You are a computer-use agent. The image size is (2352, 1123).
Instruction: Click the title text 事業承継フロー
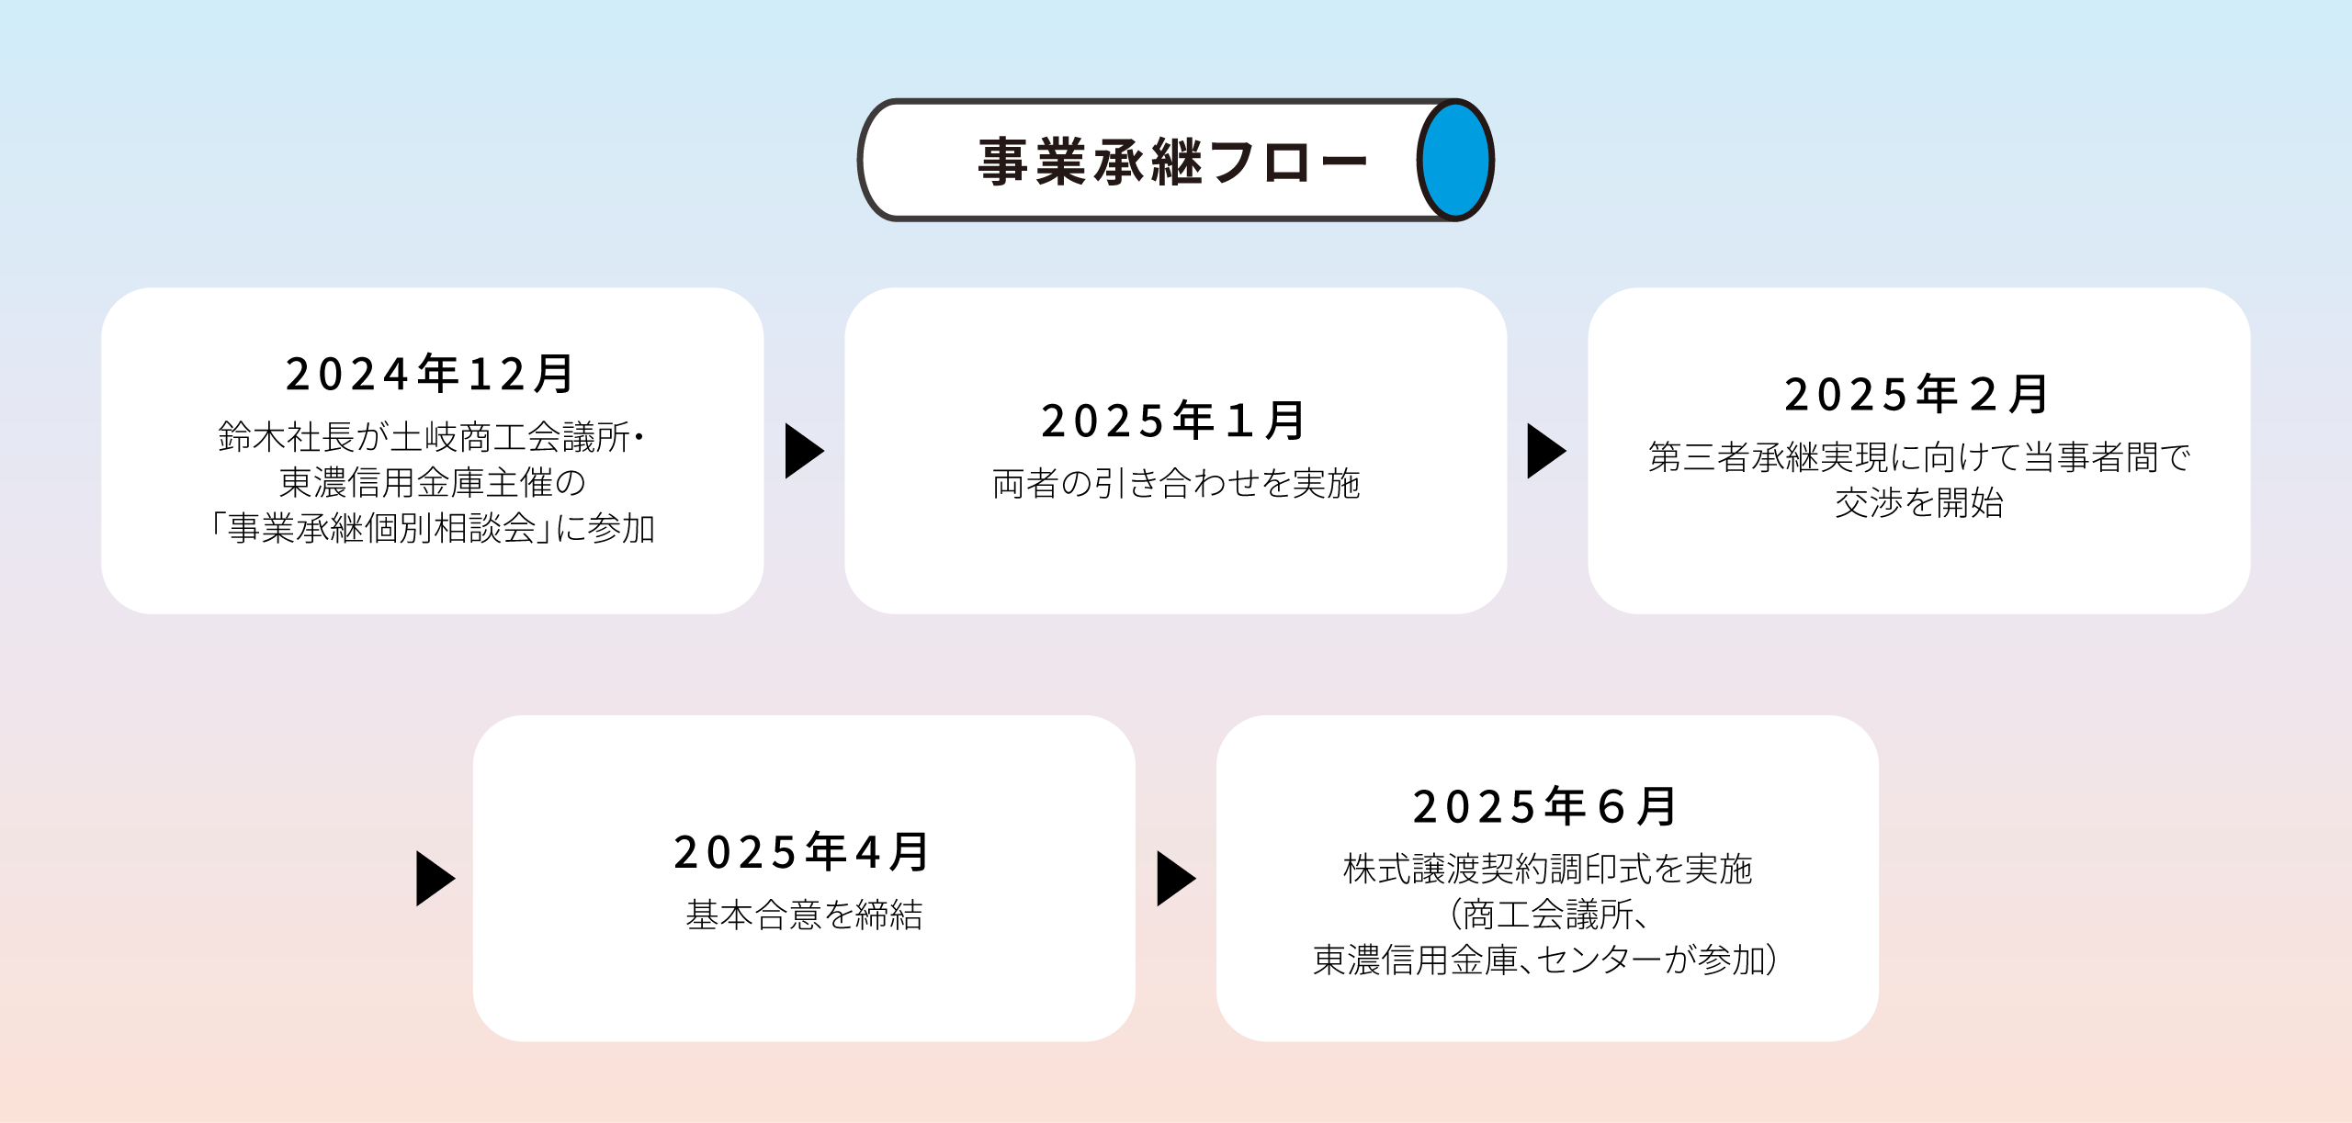coord(1172,162)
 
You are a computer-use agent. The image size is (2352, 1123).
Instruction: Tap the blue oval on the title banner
coord(1455,160)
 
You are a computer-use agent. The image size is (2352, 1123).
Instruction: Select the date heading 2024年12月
coord(430,374)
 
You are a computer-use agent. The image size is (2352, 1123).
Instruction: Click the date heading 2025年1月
coord(1173,421)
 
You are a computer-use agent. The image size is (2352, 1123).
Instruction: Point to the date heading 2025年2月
coord(1917,394)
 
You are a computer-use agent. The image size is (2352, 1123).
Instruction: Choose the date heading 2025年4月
coord(802,851)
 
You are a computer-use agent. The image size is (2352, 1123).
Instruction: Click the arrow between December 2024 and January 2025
coord(804,451)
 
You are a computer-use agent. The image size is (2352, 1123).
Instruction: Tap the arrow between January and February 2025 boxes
coord(1546,451)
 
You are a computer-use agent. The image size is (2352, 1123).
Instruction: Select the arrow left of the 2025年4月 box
coord(435,879)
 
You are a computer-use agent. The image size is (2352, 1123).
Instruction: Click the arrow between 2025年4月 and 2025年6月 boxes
coord(1175,879)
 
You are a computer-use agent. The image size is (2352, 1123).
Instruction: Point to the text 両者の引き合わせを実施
coord(1176,483)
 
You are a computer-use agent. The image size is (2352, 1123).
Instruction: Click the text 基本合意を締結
coord(804,915)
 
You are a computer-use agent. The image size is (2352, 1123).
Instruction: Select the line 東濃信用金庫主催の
coord(432,482)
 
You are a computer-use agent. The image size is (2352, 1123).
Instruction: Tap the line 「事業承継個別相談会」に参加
coord(432,528)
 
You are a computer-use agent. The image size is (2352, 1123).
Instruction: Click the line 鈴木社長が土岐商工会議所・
coord(432,436)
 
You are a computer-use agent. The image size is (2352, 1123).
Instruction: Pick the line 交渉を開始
coord(1919,502)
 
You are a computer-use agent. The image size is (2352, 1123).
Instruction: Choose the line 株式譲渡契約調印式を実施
coord(1548,869)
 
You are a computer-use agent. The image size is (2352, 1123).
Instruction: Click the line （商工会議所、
coord(1548,915)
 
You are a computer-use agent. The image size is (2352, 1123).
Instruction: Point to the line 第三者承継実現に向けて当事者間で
coord(1919,456)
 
